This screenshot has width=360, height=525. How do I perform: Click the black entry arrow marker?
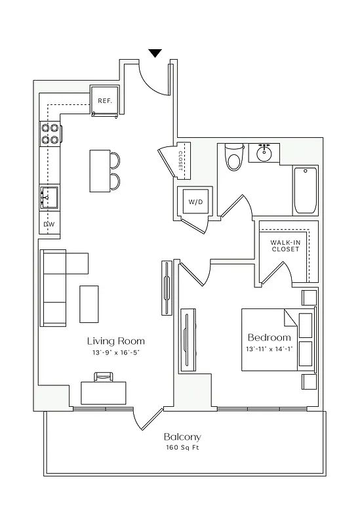[x=155, y=53]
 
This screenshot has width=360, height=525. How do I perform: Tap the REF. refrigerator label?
[x=105, y=101]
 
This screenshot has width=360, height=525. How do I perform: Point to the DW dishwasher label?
[x=49, y=224]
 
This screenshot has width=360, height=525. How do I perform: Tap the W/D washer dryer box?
[x=195, y=202]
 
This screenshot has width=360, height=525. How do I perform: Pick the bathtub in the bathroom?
[x=305, y=190]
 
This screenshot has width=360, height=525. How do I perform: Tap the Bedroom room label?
[x=269, y=337]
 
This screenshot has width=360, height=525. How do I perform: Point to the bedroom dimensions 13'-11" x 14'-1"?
[x=269, y=348]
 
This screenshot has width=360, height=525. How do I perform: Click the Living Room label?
[x=116, y=341]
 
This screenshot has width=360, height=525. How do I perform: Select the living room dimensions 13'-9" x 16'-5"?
[x=116, y=352]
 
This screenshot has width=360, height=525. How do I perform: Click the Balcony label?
[x=182, y=436]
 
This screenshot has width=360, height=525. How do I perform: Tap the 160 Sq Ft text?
[x=182, y=448]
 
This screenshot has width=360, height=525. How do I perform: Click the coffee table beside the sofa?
[x=89, y=304]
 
